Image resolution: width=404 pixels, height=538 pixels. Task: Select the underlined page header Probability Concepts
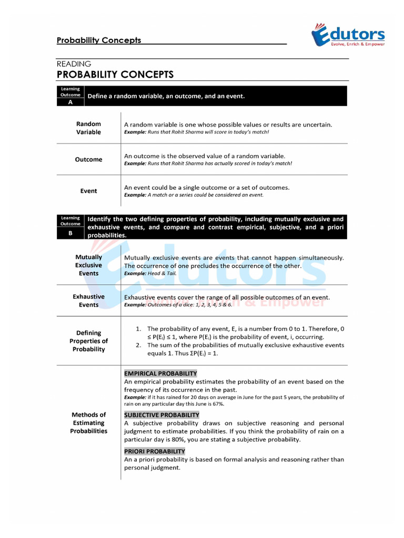point(98,40)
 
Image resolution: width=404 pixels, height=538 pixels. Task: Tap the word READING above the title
point(74,64)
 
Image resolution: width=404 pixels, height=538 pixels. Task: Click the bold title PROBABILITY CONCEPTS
point(115,75)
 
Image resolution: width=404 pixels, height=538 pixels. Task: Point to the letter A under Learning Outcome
point(70,102)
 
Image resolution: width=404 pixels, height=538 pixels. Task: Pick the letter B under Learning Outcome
point(70,232)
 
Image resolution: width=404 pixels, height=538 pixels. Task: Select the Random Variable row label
point(88,128)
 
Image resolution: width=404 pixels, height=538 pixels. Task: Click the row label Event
point(88,191)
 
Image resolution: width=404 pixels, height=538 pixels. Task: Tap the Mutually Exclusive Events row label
point(88,265)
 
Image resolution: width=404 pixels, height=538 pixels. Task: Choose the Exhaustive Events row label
point(88,301)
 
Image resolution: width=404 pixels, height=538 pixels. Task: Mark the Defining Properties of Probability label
point(88,341)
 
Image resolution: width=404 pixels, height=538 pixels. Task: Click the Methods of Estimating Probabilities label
point(88,423)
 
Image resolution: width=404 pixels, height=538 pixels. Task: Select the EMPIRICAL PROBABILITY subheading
point(160,374)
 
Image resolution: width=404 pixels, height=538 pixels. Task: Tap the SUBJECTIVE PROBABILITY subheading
point(161,415)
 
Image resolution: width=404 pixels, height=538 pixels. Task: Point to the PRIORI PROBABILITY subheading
point(155,451)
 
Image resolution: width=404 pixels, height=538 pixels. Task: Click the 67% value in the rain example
point(217,404)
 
